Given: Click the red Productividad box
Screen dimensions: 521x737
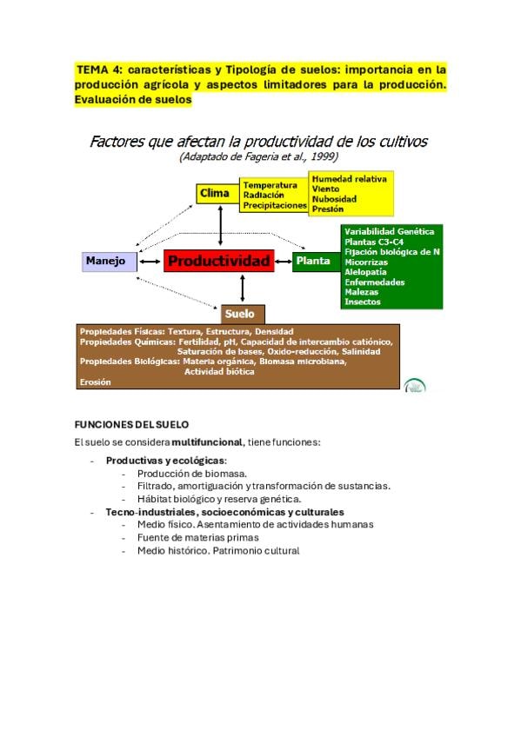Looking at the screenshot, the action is [x=218, y=261].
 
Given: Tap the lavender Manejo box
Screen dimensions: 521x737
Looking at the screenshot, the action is [x=110, y=262].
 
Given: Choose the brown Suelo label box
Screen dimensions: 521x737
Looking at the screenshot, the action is [x=243, y=314].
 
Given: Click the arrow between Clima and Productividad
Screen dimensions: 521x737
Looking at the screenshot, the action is [x=221, y=226].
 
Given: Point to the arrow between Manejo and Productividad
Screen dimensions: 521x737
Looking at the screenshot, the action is [x=150, y=262].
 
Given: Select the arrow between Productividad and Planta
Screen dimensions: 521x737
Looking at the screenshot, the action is [x=283, y=262].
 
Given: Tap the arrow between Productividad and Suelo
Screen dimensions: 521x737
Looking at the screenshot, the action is [x=243, y=289].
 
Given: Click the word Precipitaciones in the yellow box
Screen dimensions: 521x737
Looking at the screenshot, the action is [x=275, y=205].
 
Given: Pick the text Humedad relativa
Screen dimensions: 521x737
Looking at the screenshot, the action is [x=350, y=179].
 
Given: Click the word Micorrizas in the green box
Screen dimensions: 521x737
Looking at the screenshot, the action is [x=366, y=262].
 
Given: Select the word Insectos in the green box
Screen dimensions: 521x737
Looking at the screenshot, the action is [x=362, y=302].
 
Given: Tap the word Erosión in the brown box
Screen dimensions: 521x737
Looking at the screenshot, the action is [x=96, y=382].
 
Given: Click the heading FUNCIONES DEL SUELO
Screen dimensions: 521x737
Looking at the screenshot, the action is [x=131, y=424].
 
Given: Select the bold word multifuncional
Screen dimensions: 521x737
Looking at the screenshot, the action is [x=207, y=442].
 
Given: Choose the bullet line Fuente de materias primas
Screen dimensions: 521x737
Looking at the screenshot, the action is [x=198, y=538].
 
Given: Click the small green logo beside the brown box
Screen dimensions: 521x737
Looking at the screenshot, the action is [x=415, y=385].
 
